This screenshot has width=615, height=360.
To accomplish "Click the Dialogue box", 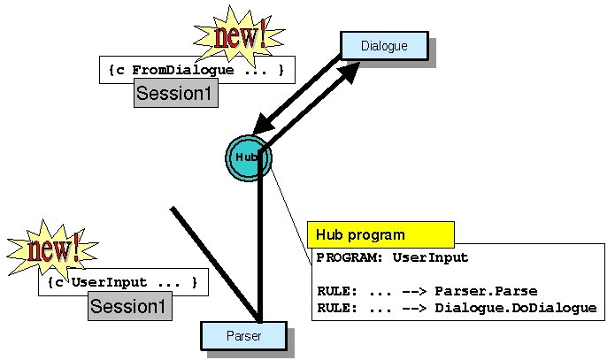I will coord(384,46).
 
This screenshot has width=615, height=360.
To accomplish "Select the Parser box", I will coord(243,336).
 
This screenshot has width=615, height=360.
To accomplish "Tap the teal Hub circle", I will coord(248,157).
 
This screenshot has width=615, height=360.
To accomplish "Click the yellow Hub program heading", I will coord(381,234).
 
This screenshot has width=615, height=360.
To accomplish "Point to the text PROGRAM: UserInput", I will coord(392,258).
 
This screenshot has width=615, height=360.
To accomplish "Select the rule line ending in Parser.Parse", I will coord(427,291).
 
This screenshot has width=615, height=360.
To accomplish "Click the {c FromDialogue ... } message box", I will coord(196,70).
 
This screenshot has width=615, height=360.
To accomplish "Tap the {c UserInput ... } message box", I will coord(123,283).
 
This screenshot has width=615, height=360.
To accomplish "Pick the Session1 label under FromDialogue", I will coord(175,94).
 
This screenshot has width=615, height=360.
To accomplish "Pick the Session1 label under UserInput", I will coord(129,307).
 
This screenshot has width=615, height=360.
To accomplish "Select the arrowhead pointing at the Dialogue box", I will coord(350,73).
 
